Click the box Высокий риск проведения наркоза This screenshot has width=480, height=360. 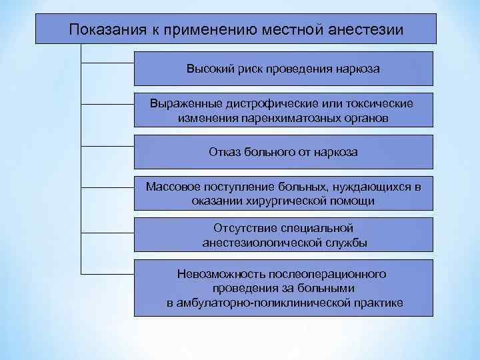point(283,69)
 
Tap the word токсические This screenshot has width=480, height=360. point(381,104)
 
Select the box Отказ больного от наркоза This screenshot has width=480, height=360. point(283,152)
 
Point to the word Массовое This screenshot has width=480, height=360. point(171,187)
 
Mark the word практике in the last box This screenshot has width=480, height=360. point(377,303)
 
